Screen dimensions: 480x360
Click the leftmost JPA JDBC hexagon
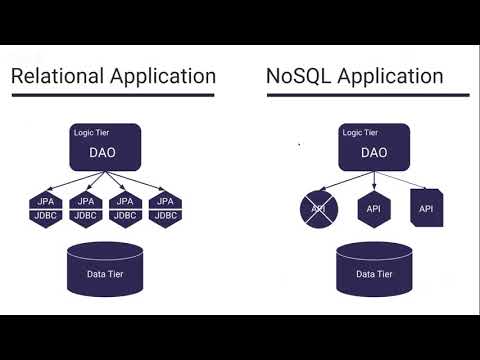coord(44,208)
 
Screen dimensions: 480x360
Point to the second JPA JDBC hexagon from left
coord(85,208)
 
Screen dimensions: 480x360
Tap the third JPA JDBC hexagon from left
coord(125,208)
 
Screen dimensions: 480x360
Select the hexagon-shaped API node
coord(373,208)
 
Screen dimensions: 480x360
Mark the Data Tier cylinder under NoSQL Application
coord(372,273)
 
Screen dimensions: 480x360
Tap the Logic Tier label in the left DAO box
coord(92,132)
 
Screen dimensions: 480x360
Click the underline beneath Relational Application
coord(113,96)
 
